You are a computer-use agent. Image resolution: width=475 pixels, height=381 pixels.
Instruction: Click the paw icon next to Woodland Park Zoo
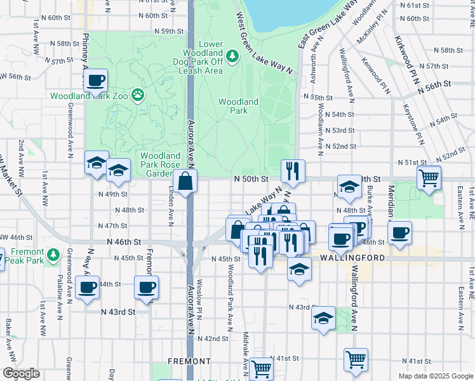(138, 95)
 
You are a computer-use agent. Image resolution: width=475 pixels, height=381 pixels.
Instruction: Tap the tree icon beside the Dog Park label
(233, 57)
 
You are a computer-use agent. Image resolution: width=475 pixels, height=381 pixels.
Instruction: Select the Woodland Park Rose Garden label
(161, 164)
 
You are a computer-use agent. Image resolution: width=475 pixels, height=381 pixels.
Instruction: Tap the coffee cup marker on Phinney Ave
(96, 81)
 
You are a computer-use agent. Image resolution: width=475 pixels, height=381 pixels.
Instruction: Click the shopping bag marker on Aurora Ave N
(185, 182)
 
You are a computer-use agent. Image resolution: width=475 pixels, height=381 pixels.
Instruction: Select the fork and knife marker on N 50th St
(293, 171)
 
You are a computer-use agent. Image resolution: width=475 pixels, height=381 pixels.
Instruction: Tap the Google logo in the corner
(21, 373)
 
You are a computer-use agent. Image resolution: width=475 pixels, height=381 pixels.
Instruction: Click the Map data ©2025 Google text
(435, 376)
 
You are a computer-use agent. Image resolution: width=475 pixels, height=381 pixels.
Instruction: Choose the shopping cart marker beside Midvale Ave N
(261, 369)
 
